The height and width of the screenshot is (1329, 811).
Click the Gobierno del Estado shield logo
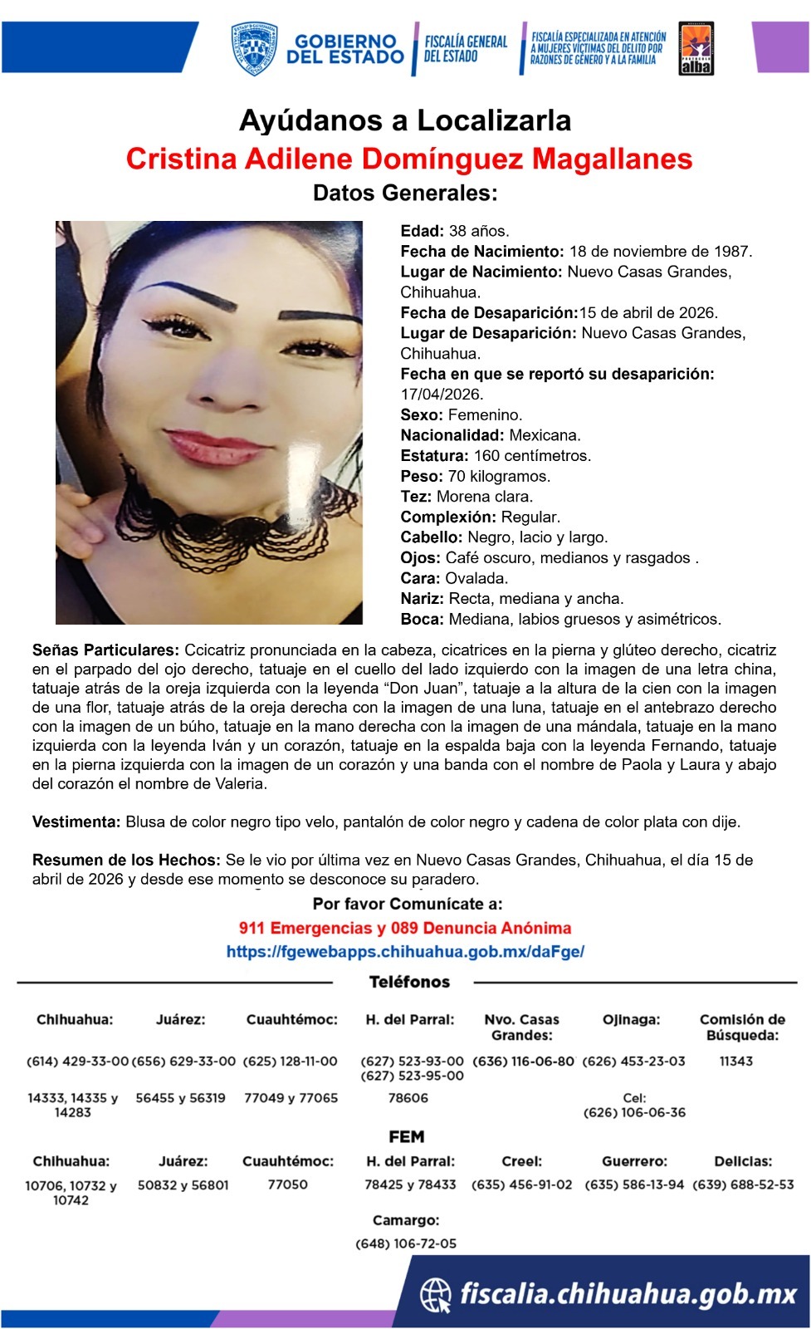(254, 49)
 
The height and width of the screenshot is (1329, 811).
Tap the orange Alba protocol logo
(696, 49)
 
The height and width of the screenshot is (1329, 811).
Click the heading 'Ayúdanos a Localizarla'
(405, 120)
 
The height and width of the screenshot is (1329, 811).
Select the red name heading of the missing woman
(409, 158)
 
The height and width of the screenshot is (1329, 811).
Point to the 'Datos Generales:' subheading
(405, 194)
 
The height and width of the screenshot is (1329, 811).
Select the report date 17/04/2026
(442, 395)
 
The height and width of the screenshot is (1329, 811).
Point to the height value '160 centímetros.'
(532, 456)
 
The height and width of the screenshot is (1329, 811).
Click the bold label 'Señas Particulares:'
(105, 650)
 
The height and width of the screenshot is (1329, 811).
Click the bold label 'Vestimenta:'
(76, 822)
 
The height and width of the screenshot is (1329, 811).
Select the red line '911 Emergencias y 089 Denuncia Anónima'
(405, 928)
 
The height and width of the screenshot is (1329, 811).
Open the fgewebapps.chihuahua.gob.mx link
(405, 952)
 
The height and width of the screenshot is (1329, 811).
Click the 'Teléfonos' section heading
(409, 983)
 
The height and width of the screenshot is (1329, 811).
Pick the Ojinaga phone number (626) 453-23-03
(634, 1062)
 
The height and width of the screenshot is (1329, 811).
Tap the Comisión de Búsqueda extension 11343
(736, 1062)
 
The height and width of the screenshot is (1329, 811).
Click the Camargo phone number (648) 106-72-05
(406, 1243)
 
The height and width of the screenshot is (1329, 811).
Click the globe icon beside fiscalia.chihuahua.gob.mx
(436, 1294)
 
